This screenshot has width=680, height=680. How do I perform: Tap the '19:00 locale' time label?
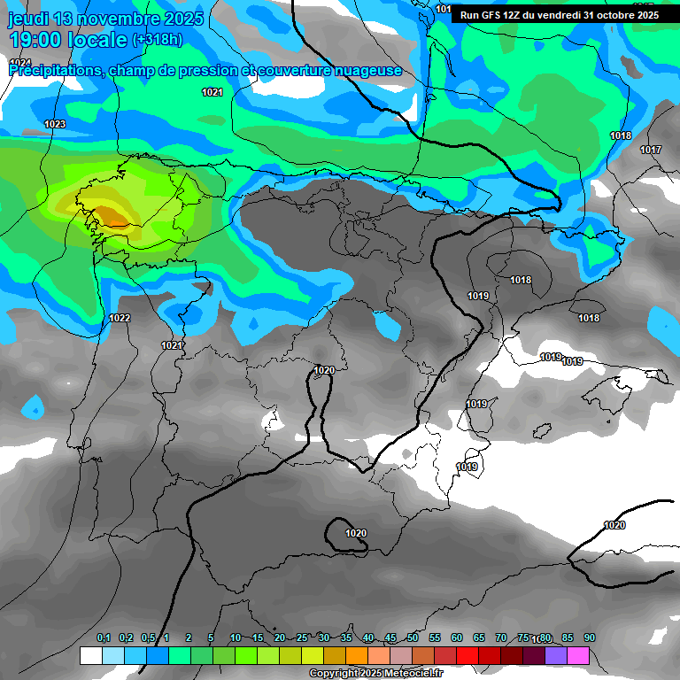point(67,40)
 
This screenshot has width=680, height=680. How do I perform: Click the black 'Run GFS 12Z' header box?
point(558,15)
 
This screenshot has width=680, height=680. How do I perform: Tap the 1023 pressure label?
point(55,125)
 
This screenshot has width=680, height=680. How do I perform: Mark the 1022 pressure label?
point(120,319)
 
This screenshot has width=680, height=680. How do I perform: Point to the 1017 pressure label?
point(651,150)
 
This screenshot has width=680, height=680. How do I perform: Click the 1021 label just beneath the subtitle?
point(212,92)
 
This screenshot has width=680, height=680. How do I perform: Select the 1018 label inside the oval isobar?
point(521,281)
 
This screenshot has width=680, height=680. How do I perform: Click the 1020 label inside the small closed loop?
point(356,533)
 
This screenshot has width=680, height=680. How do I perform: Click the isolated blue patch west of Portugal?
point(33,407)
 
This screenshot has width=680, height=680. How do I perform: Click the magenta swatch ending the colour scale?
point(578,655)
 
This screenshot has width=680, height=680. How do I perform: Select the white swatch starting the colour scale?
point(90,655)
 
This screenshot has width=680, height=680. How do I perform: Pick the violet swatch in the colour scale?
point(556,655)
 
